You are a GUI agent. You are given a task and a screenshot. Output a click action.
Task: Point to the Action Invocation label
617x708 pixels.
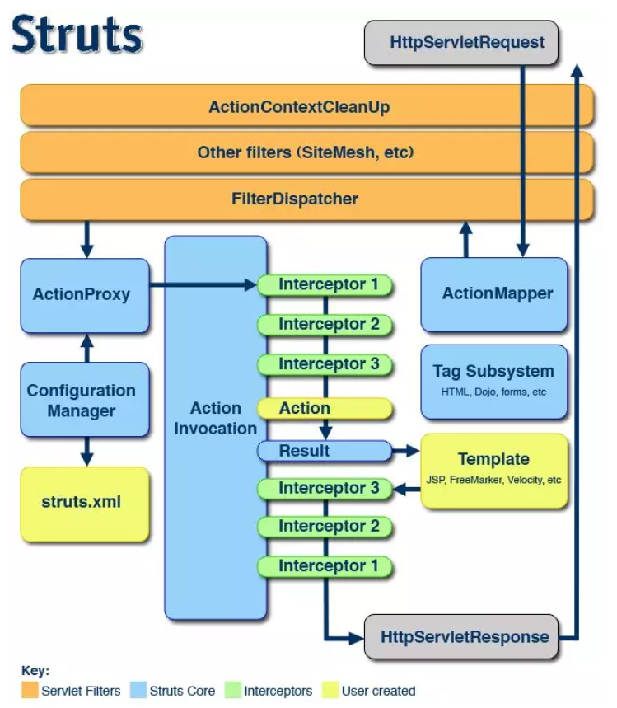(216, 418)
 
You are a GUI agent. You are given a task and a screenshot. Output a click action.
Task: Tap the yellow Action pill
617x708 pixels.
(325, 408)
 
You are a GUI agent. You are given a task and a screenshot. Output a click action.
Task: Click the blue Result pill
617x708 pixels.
(325, 451)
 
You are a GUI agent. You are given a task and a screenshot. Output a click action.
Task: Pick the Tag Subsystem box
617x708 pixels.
(494, 380)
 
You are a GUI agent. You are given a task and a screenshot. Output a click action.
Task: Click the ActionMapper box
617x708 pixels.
(494, 293)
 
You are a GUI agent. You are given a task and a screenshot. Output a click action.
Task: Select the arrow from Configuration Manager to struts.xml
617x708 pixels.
(85, 450)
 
